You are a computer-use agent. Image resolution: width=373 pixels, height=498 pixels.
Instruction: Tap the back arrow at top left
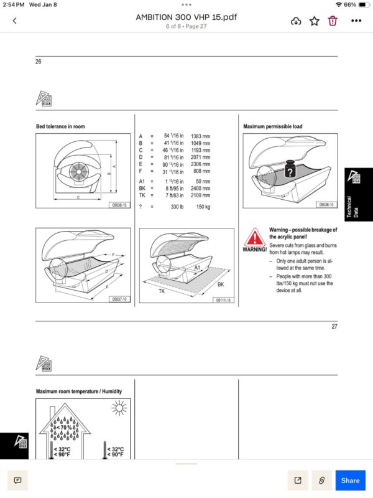(x=14, y=21)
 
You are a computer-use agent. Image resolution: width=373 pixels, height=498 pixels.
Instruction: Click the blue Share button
(x=350, y=480)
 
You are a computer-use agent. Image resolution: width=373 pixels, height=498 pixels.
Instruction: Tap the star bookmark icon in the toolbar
(x=315, y=21)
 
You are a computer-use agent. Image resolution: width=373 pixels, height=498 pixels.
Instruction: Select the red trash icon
(x=333, y=21)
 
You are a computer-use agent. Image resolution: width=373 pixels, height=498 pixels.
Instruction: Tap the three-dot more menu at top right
(x=356, y=21)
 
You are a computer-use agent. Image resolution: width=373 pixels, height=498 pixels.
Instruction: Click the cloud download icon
(x=297, y=21)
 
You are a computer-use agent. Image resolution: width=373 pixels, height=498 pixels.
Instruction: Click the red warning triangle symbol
(x=254, y=237)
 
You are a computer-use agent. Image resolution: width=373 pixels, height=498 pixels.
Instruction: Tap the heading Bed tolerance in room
(x=60, y=126)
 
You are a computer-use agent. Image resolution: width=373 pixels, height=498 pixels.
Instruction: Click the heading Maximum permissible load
(x=272, y=126)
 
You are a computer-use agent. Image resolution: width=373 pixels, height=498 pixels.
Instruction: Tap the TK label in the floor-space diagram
(x=162, y=291)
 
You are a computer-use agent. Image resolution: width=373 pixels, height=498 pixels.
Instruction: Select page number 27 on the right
(x=334, y=327)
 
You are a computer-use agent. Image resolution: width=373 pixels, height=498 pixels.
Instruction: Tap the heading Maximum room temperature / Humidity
(x=79, y=392)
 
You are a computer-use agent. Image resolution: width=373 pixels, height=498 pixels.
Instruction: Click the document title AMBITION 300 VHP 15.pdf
(x=186, y=17)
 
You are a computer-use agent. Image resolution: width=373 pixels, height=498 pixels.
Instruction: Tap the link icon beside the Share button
(x=321, y=480)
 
